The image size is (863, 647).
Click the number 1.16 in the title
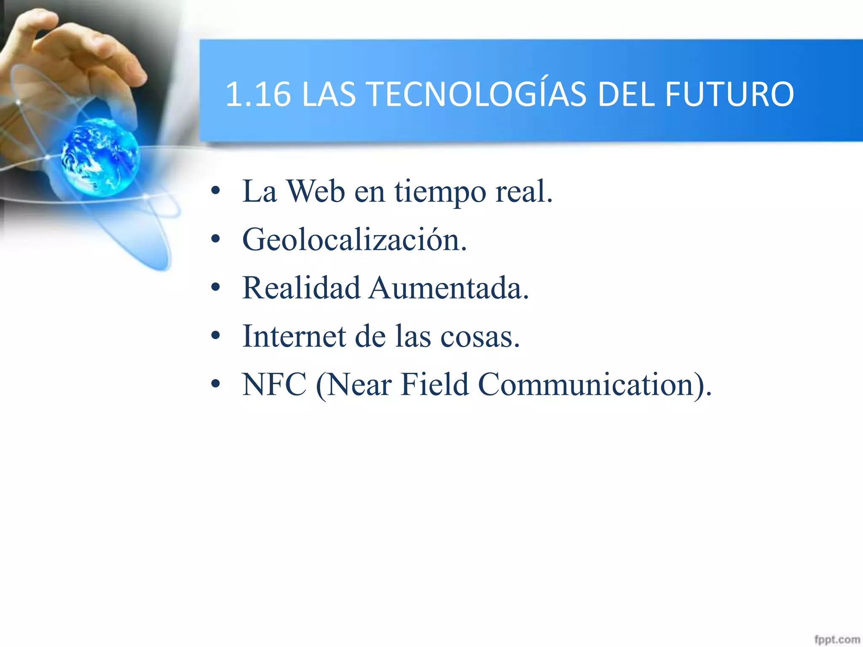[258, 94]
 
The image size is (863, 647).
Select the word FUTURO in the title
[729, 94]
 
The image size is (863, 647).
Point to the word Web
[316, 192]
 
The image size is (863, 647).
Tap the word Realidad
[301, 288]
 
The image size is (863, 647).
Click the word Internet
[294, 337]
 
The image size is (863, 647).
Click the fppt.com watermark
[836, 639]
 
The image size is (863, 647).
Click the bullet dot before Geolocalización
[216, 239]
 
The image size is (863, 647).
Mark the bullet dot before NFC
[216, 384]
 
